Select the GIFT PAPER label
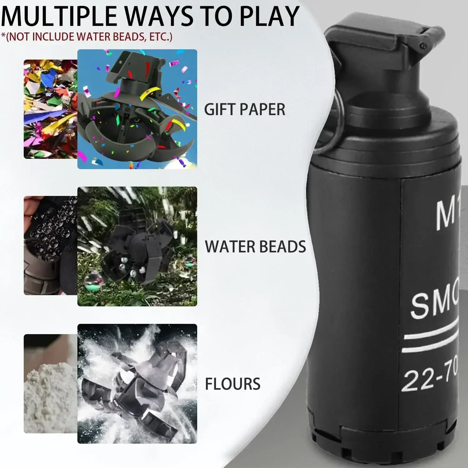coord(245,110)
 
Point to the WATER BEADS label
coord(255,246)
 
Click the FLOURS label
coord(232,384)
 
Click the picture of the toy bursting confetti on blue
coord(137,109)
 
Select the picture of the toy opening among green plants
coord(137,246)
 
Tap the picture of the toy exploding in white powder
coord(137,384)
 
